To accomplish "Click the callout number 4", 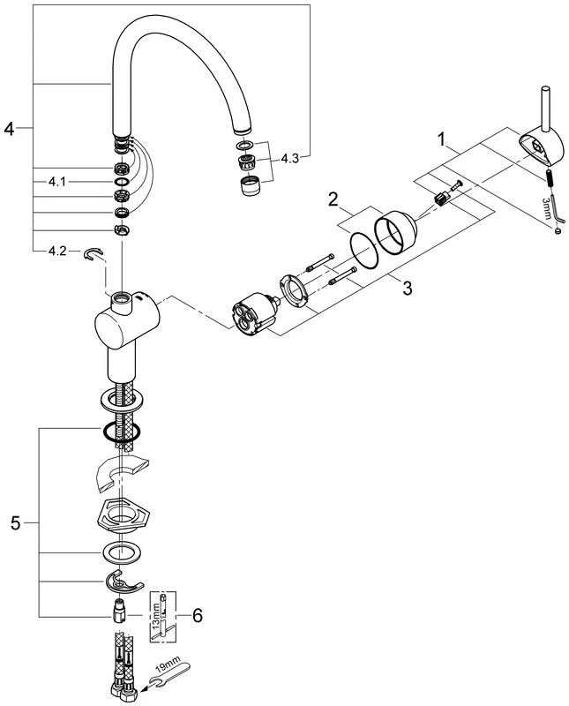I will coord(9,129).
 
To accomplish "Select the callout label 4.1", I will coord(56,181).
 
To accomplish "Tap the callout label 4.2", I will coord(56,252).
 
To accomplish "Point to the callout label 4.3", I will coord(292,159).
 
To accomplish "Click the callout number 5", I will coord(15,523).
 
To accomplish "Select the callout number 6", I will coord(198,615).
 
